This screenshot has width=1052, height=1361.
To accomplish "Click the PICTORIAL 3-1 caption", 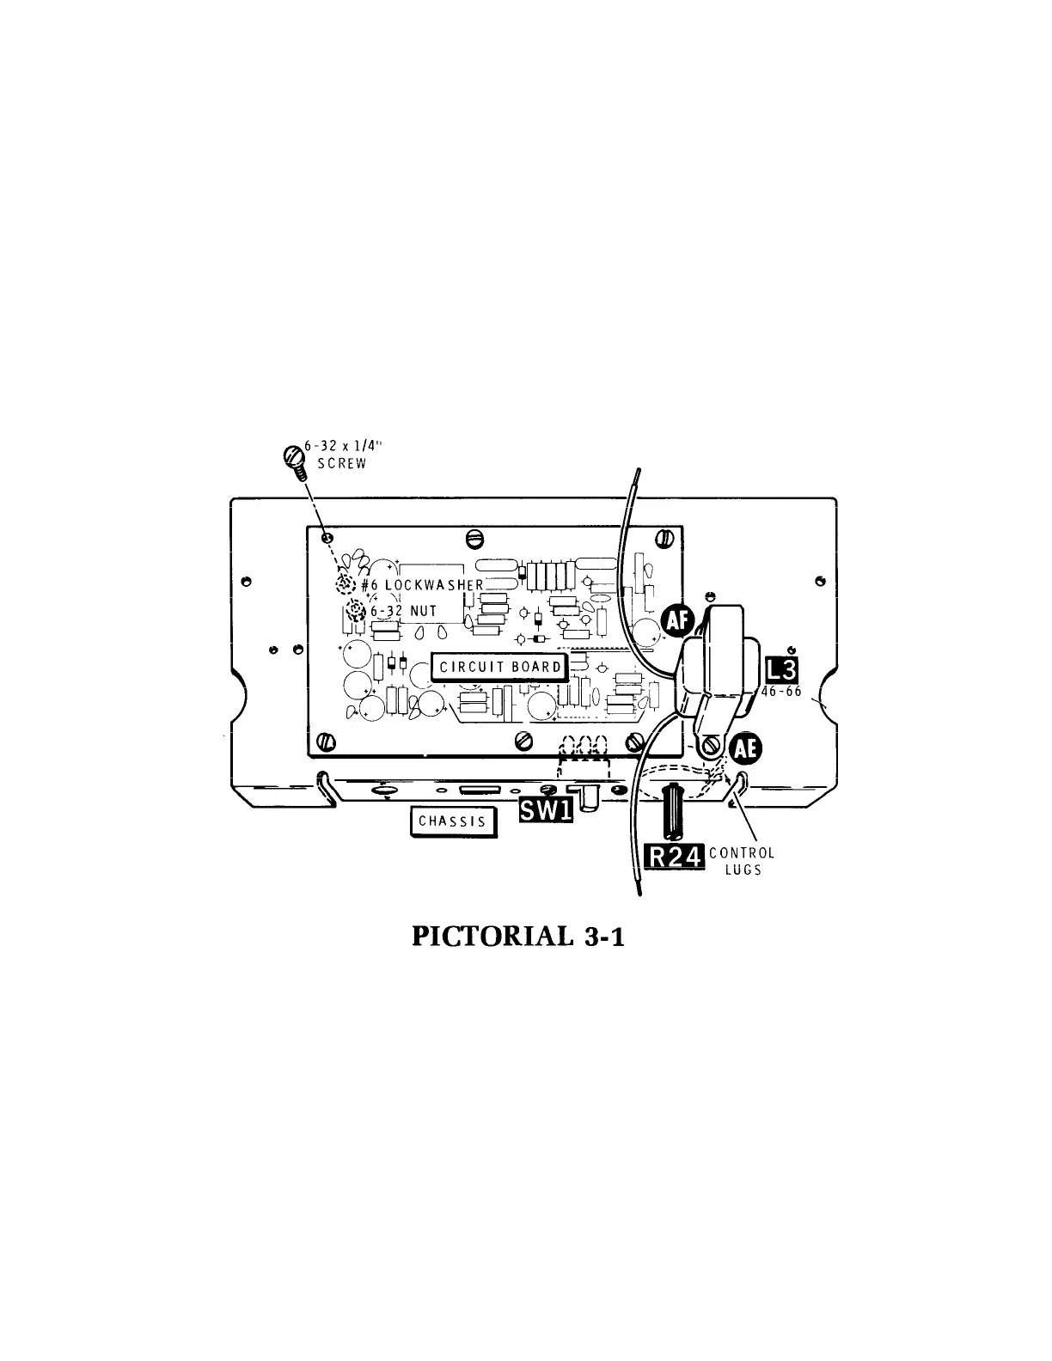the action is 518,936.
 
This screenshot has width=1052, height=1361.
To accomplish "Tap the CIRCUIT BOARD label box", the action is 499,667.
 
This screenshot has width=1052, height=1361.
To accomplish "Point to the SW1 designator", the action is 546,809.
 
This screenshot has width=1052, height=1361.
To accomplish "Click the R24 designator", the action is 675,857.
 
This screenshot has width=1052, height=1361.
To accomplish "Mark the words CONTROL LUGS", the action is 742,861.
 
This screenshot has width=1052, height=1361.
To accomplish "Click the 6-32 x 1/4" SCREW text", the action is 336,455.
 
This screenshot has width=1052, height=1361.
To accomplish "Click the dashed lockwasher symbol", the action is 345,583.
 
